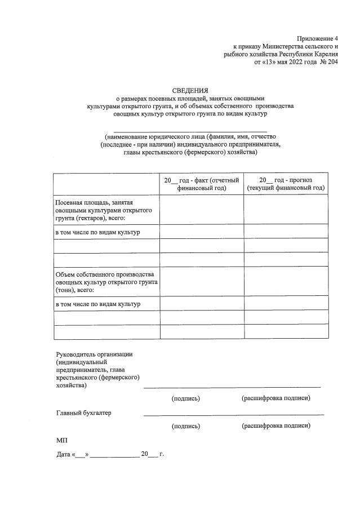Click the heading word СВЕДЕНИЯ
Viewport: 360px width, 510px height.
tap(190, 90)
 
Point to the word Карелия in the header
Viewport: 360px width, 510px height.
tap(322, 54)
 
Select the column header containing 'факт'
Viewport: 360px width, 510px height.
tap(202, 183)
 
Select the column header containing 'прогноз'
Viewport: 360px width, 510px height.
tap(286, 183)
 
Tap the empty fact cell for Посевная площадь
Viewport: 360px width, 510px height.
tap(202, 209)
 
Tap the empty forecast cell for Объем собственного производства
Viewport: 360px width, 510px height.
tap(286, 281)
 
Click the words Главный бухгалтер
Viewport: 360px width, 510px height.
tap(83, 413)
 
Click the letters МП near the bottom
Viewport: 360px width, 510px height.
tap(61, 439)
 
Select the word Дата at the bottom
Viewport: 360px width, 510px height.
tap(63, 454)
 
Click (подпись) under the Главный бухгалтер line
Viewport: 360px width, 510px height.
tap(186, 426)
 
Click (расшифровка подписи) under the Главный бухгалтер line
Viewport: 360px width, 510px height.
tap(275, 425)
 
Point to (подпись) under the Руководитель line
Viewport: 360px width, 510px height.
tap(186, 398)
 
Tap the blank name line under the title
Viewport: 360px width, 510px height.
tap(190, 131)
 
